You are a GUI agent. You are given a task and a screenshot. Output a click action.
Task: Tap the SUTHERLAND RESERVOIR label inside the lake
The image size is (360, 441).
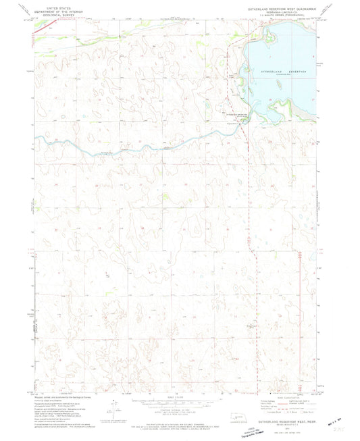pos(280,71)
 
